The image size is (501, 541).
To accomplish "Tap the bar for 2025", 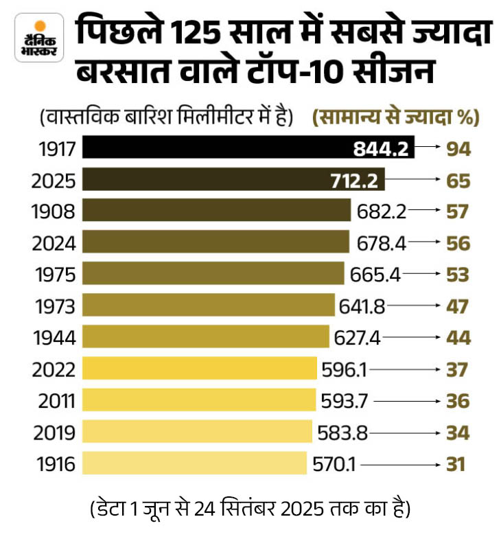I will (233, 180).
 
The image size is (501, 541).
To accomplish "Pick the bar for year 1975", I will (213, 273).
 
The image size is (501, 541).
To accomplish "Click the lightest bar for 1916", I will (195, 463).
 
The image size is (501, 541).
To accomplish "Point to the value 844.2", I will (382, 148).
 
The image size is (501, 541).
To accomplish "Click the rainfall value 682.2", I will (378, 211).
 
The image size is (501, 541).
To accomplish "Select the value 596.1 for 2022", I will (344, 369).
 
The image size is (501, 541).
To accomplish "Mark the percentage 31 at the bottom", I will (455, 463).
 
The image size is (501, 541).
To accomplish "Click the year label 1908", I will (54, 211).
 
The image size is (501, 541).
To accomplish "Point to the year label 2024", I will (54, 242).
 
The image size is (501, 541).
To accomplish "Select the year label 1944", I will (54, 337).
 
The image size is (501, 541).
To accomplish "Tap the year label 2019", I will (54, 432).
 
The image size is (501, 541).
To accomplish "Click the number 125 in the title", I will (193, 33).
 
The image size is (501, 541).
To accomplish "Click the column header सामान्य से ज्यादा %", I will (395, 117).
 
